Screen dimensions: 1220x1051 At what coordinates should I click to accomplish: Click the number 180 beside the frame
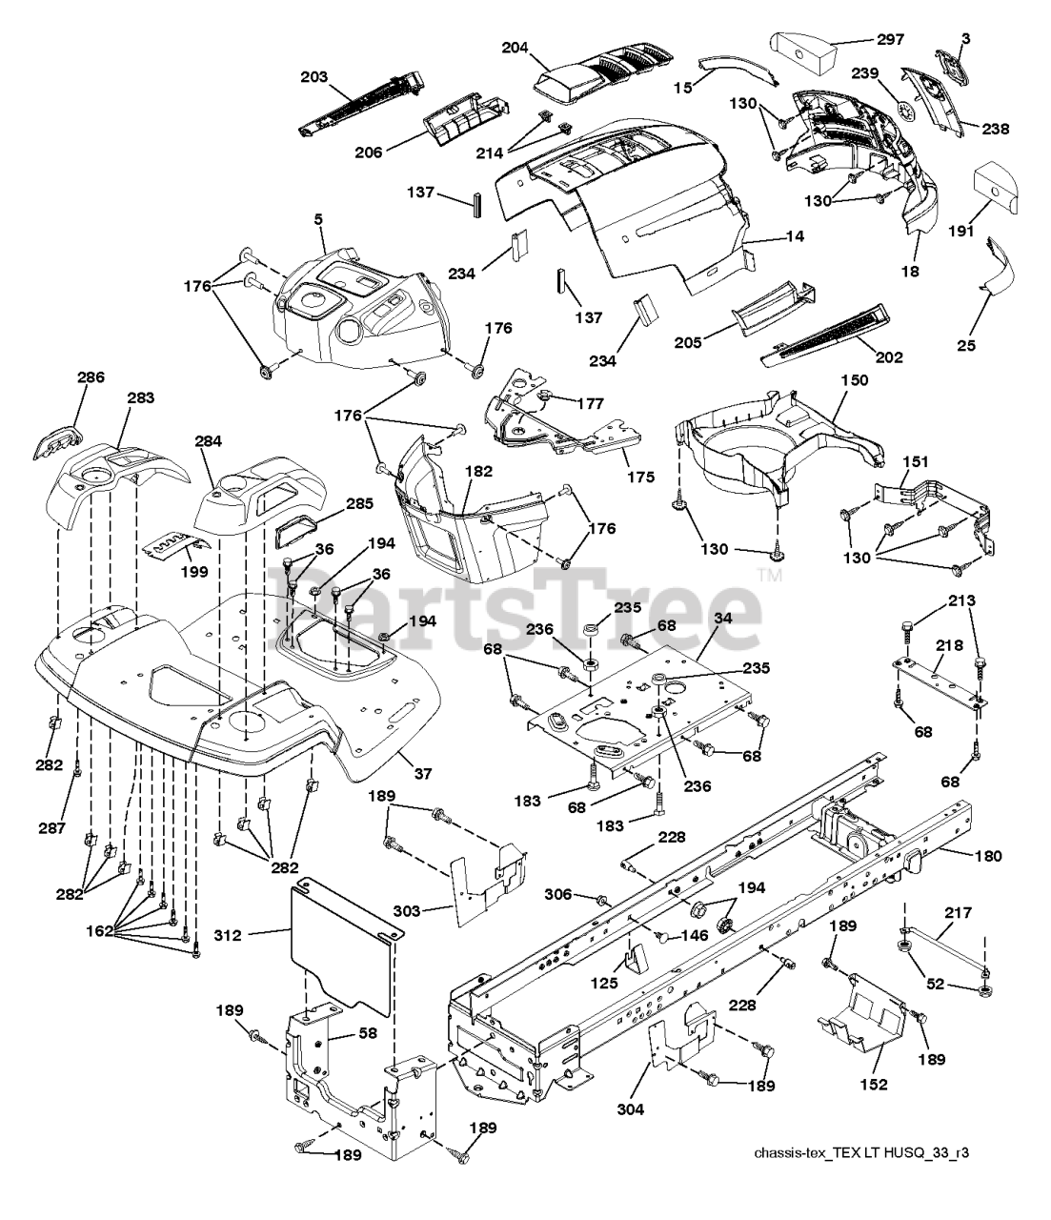pyautogui.click(x=988, y=856)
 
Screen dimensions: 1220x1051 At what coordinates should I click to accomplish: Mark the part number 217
pyautogui.click(x=958, y=913)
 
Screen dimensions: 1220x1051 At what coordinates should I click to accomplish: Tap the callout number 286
pyautogui.click(x=91, y=378)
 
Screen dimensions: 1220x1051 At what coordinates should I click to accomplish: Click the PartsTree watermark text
pyautogui.click(x=515, y=603)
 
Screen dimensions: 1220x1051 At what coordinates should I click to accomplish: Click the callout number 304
pyautogui.click(x=630, y=1108)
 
